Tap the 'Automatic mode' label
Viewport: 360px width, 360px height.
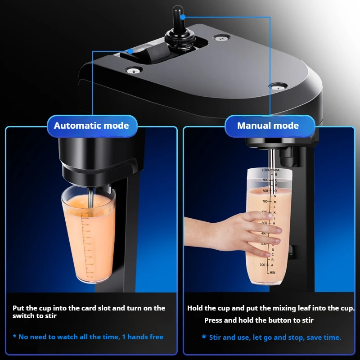pos(91,126)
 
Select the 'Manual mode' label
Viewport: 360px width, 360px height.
pos(268,126)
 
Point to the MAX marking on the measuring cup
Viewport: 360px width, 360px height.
pos(276,170)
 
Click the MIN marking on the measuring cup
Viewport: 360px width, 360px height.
pos(272,273)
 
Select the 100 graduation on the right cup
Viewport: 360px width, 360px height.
pos(262,265)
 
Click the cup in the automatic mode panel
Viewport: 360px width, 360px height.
pos(88,234)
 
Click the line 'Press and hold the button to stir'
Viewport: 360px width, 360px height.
pos(259,320)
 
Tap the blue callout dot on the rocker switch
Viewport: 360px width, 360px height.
pos(130,51)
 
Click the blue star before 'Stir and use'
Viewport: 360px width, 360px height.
pos(204,337)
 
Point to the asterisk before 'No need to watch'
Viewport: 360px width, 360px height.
pos(15,337)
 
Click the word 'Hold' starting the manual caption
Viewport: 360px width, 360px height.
pos(195,308)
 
